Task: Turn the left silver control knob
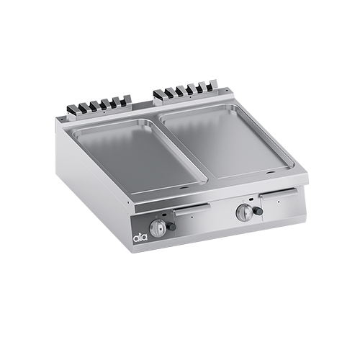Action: (x=156, y=228)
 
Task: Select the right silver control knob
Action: (x=243, y=211)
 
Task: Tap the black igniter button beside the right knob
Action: (x=259, y=211)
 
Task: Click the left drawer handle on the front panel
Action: (x=192, y=207)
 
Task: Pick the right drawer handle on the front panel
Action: (x=279, y=192)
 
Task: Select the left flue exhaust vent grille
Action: (x=98, y=105)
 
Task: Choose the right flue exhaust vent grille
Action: (x=186, y=91)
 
